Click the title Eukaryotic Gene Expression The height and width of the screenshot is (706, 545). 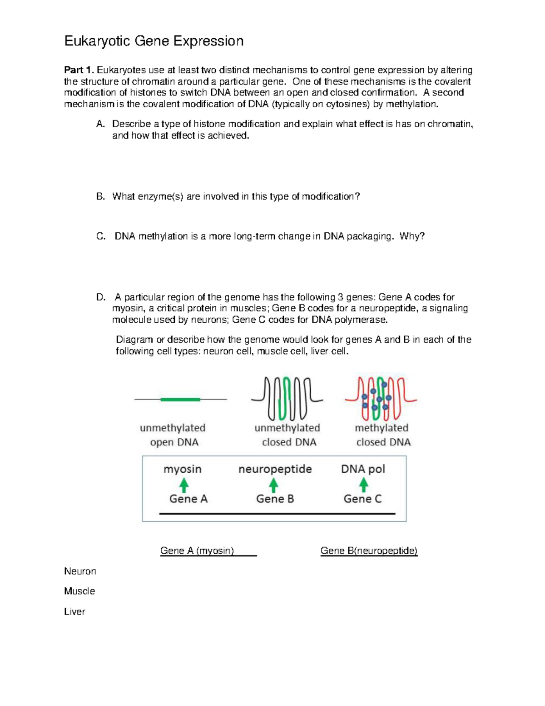click(154, 41)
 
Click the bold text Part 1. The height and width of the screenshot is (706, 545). click(79, 70)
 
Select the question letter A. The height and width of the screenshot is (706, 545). click(100, 124)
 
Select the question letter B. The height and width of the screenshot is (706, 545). click(100, 196)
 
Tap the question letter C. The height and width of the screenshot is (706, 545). click(100, 236)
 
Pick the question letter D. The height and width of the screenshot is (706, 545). click(100, 297)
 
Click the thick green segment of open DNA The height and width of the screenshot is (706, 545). click(180, 399)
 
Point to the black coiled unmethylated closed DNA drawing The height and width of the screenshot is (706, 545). click(287, 399)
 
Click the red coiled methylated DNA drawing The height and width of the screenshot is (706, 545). click(381, 399)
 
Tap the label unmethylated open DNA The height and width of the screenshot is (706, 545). click(173, 435)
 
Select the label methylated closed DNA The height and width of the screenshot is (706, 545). click(382, 435)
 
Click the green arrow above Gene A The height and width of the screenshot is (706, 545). click(184, 485)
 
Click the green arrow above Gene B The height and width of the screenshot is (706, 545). click(273, 485)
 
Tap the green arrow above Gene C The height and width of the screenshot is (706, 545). click(363, 485)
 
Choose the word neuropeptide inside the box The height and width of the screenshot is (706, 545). click(275, 469)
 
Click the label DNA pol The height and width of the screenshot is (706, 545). click(363, 469)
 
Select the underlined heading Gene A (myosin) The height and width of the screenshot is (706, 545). click(197, 551)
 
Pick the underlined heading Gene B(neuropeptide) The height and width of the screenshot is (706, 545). click(369, 551)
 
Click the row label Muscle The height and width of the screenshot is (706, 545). click(79, 591)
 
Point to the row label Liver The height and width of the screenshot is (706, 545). click(74, 611)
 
